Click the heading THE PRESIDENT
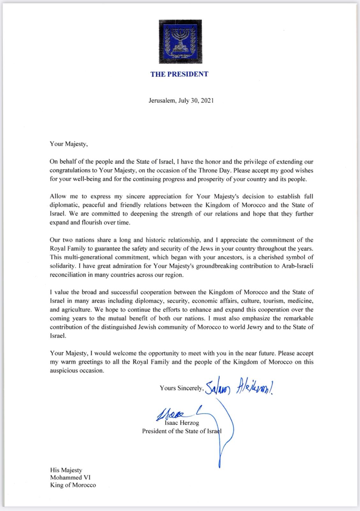click(x=179, y=74)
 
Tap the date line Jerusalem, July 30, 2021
click(x=181, y=100)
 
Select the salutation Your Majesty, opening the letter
click(x=69, y=144)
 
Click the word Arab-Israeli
click(x=296, y=266)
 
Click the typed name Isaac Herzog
click(x=182, y=423)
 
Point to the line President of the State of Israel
click(x=182, y=431)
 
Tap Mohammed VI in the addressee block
click(x=70, y=477)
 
